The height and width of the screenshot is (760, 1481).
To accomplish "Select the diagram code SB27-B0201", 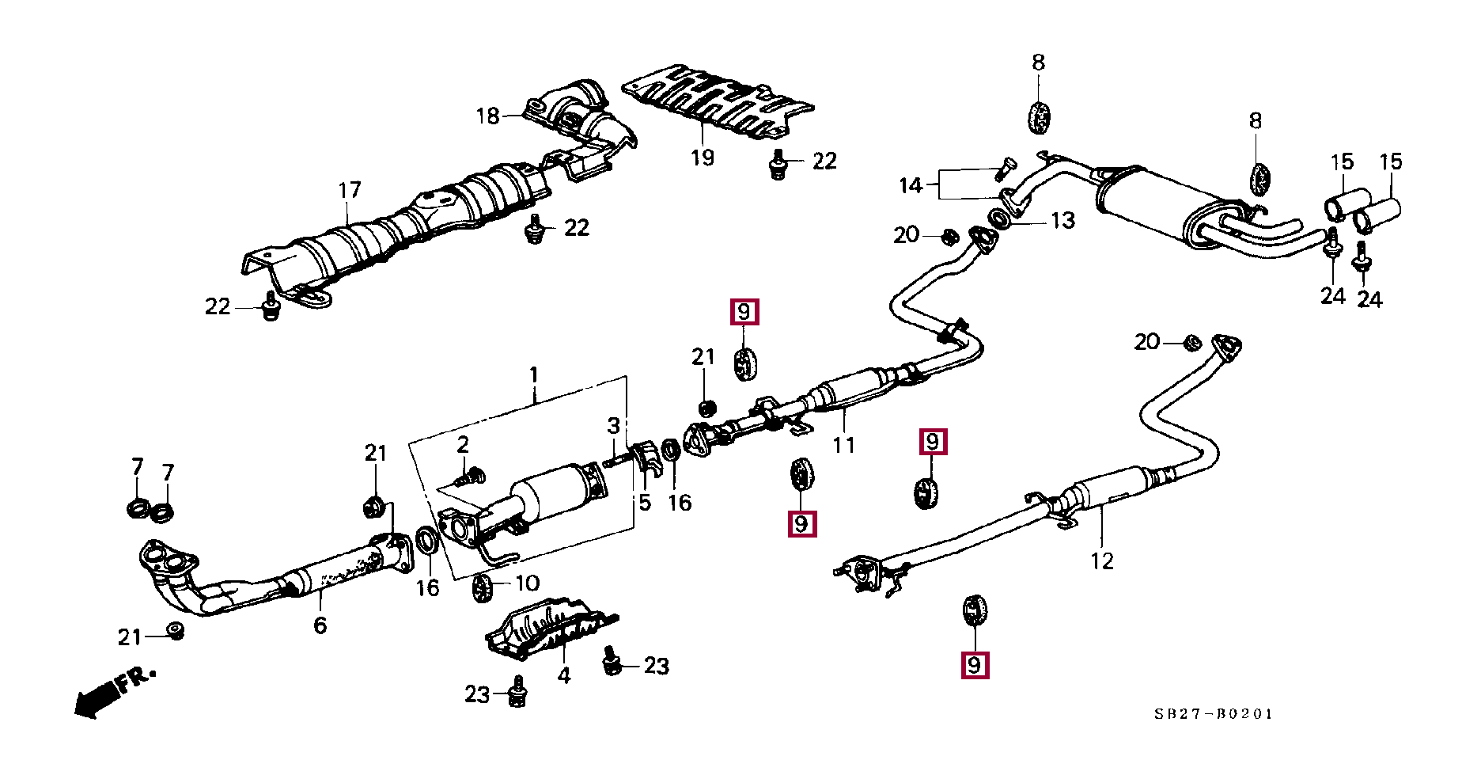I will (x=1213, y=714).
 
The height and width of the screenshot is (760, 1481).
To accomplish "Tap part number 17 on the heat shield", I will (x=349, y=190).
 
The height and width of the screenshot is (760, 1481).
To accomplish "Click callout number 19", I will (x=702, y=158).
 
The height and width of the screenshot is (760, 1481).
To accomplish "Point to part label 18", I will (x=488, y=116).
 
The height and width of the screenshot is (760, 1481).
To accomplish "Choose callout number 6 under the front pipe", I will (x=320, y=625).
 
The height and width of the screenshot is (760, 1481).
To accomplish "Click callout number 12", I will (x=1101, y=561).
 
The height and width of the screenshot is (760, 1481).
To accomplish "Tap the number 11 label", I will (x=843, y=445).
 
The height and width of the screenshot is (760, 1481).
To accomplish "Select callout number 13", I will (x=1062, y=221).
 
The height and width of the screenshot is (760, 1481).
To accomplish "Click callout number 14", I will (x=911, y=185).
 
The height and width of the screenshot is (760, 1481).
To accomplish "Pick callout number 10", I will (x=527, y=583).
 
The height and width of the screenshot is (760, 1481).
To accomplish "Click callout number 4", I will (x=563, y=675).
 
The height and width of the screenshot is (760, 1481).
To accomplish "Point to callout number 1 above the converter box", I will (x=534, y=374).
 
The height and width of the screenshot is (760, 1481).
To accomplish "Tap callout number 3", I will (x=613, y=426).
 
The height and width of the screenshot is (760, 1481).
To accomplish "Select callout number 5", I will (x=645, y=502).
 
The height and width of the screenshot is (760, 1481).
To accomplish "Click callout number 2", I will (x=463, y=444).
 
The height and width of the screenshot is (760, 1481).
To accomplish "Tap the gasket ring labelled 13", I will (x=999, y=218).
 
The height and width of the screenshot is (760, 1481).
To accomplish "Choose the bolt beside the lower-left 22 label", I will (x=271, y=309).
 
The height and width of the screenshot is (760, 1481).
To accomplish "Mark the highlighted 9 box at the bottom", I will (x=974, y=664).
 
